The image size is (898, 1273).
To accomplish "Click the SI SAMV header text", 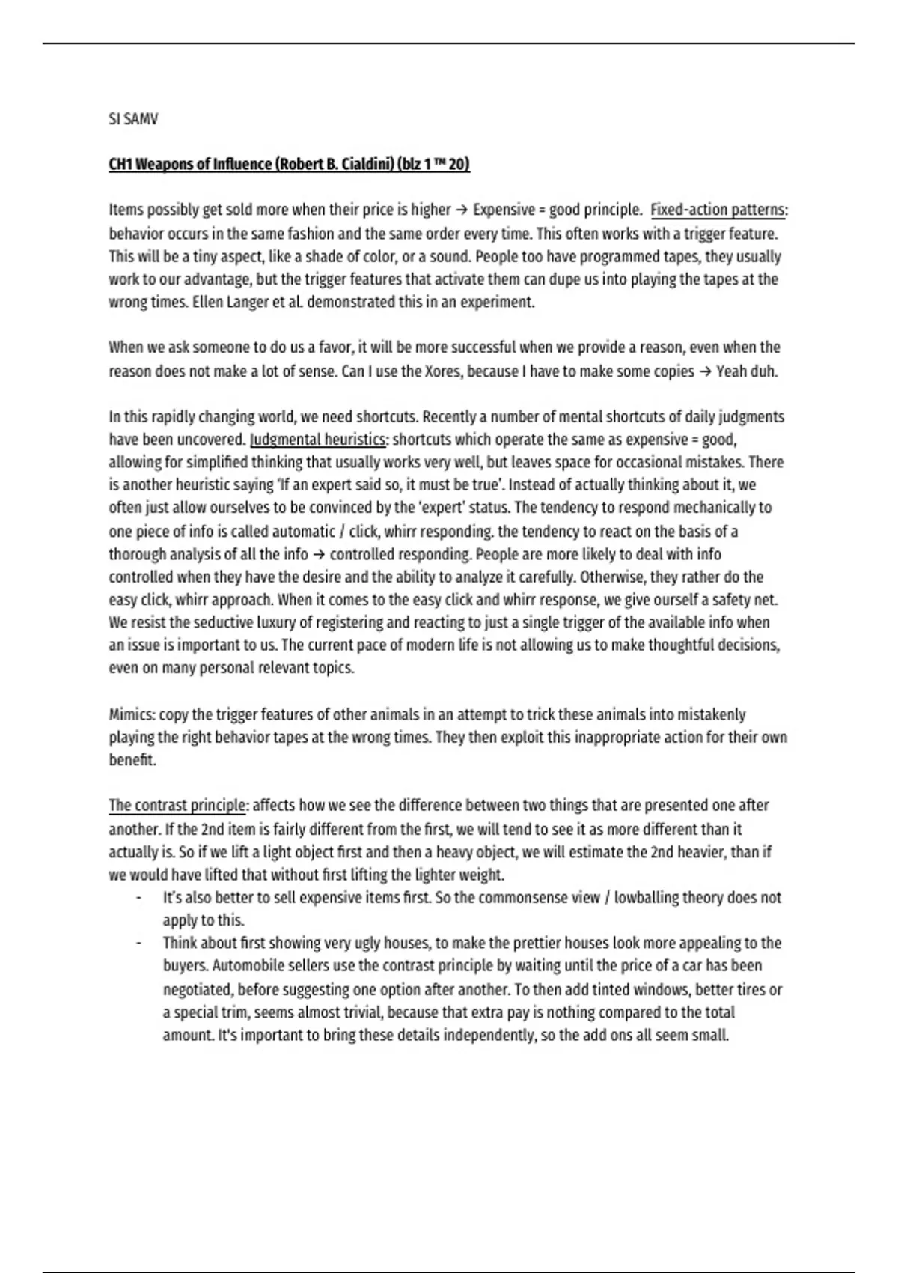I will [133, 119].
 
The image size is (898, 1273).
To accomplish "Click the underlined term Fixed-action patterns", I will [718, 210].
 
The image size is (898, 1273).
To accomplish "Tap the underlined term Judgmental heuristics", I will [318, 440].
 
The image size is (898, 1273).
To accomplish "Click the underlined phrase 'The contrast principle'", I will [177, 806].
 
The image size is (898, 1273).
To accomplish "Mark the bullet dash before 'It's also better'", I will [138, 898].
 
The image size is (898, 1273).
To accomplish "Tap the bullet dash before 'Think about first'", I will [138, 944].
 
